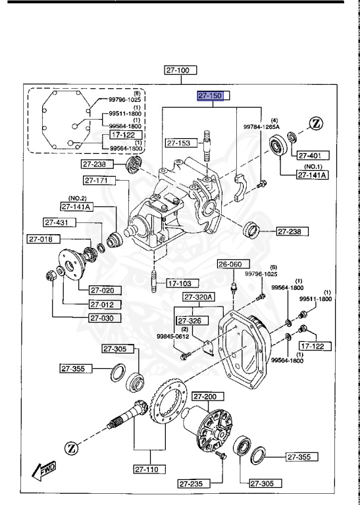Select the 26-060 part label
(231, 264)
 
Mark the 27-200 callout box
(208, 397)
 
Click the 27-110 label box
(150, 469)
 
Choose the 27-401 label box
(309, 156)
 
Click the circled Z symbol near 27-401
(317, 124)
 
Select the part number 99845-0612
(173, 337)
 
